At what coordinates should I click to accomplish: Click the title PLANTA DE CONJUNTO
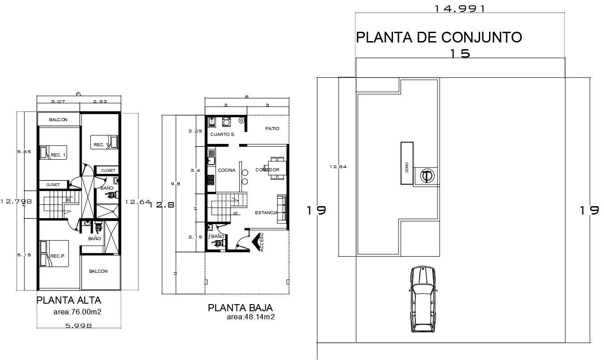[439, 37]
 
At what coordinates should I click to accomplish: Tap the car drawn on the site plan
[422, 299]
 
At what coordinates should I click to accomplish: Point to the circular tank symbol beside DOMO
[427, 176]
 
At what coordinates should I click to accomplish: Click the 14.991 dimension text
[460, 8]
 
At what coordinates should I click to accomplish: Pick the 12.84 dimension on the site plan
[338, 167]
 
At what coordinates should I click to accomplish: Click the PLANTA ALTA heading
[68, 300]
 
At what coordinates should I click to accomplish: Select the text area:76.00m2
[77, 312]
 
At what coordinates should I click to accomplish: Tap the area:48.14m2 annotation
[250, 317]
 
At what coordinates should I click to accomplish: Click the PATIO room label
[272, 128]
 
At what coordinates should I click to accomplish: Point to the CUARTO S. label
[222, 134]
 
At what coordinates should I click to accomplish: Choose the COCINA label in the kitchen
[226, 170]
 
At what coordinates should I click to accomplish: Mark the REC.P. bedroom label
[58, 256]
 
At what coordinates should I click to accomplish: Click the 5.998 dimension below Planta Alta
[78, 326]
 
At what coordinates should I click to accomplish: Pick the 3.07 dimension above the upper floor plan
[58, 102]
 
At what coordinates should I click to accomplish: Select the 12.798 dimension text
[16, 201]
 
